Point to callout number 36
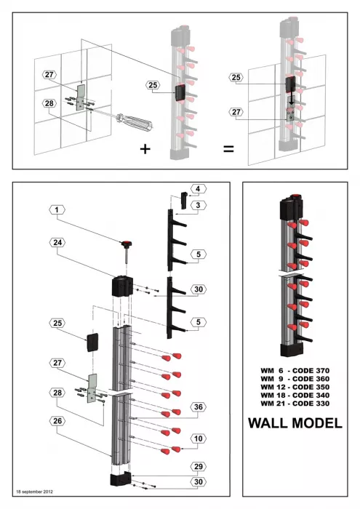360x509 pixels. click(197, 406)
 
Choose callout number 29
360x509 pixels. click(197, 465)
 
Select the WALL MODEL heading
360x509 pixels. click(295, 422)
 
